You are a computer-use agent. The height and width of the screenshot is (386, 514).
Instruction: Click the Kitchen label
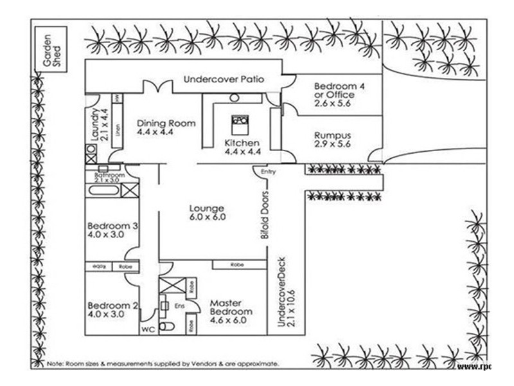tap(242, 147)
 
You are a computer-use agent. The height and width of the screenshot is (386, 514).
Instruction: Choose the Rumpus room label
tap(332, 140)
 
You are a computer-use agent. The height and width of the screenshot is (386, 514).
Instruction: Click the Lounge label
tap(206, 212)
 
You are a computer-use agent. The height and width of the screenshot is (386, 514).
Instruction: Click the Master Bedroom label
tap(231, 307)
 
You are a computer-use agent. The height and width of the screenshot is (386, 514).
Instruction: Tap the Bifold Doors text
tap(264, 215)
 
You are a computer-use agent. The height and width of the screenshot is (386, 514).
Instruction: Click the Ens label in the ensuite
tap(179, 306)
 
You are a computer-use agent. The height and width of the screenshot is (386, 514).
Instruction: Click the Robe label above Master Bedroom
tap(238, 264)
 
